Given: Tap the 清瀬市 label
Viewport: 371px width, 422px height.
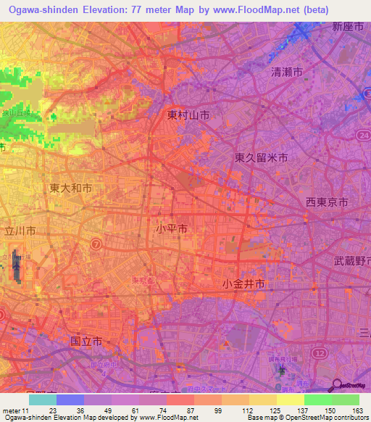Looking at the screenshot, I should pos(286,72).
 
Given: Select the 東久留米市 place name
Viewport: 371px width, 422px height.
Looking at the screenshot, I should pos(262,157).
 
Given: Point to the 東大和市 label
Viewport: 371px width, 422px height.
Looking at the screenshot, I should pos(70,188).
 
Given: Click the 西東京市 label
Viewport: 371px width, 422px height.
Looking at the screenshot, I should pos(326,202).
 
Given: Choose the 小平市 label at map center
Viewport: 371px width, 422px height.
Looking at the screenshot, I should pos(172,228).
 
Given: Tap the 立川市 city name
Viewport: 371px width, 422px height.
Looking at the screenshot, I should pos(20,230).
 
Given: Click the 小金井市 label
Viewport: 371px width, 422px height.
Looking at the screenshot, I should pos(244,284).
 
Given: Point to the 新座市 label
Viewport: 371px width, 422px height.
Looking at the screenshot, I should pos(346,27).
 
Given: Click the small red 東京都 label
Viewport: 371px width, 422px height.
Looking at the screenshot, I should pos(144,280).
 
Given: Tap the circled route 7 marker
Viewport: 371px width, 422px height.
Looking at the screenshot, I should pos(96,244).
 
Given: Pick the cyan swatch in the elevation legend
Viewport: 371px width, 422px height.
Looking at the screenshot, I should pos(43,400).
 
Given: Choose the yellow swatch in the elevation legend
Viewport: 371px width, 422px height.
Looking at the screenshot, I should pos(291,400).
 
